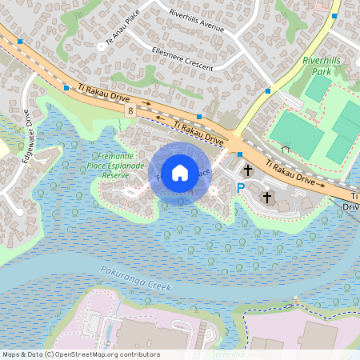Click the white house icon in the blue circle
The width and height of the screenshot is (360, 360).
[x=180, y=172]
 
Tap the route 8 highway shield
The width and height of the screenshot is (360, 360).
[x=130, y=111]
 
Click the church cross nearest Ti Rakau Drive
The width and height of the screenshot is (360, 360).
[x=248, y=170]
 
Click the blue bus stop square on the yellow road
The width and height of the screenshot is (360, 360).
[x=267, y=91]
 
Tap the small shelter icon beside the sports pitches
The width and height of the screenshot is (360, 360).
[x=286, y=148]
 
